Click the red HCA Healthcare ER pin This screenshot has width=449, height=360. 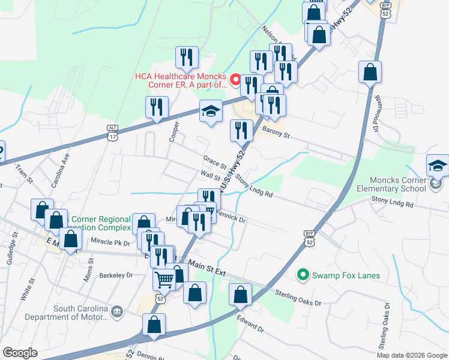coord(236,79)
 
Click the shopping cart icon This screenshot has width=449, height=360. coord(164,278)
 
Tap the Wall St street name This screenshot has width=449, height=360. coord(210,176)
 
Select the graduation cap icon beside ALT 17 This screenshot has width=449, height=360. coord(210,112)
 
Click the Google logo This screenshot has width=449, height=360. coord(20,353)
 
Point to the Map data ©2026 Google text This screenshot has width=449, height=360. coord(412,355)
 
